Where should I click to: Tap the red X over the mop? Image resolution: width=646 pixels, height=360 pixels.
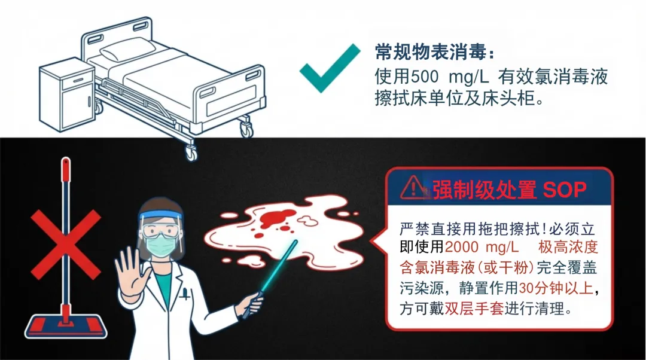[66, 245]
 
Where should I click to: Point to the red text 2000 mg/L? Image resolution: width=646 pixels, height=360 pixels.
[482, 247]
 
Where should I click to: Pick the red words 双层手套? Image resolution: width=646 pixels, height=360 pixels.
[474, 308]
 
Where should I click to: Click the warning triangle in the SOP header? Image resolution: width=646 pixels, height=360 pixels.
[414, 188]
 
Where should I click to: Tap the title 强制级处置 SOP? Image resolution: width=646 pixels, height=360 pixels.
[509, 190]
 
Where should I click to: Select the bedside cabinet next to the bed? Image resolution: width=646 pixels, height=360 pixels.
[67, 94]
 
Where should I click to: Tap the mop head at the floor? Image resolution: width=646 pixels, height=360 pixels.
[66, 326]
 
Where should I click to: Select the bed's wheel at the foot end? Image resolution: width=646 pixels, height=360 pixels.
[246, 128]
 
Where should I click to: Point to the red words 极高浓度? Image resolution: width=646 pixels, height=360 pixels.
[568, 247]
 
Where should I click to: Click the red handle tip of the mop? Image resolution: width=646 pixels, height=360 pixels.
[66, 169]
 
